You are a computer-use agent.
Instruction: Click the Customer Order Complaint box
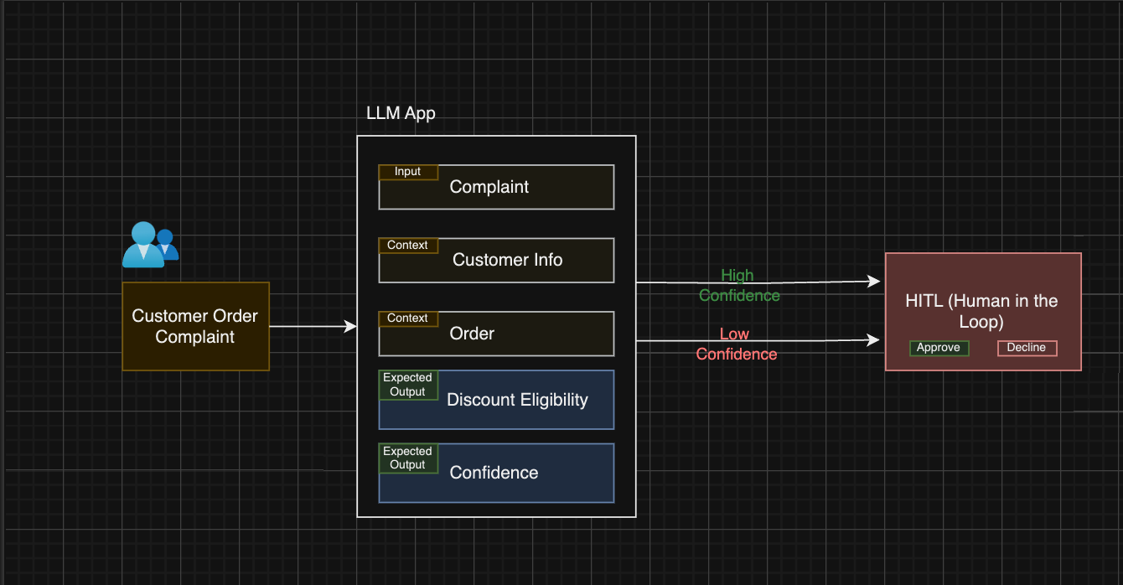coord(195,327)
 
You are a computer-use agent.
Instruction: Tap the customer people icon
coord(150,245)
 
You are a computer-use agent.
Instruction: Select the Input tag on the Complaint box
coord(408,172)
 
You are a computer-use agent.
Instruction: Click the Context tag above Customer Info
coord(408,246)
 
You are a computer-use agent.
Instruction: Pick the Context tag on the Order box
coord(408,318)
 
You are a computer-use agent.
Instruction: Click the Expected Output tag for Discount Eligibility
coord(408,385)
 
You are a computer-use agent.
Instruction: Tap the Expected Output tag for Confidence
coord(408,458)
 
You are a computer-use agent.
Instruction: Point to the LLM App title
coord(401,113)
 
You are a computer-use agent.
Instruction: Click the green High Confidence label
coord(738,285)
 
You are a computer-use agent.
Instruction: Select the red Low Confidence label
coord(736,344)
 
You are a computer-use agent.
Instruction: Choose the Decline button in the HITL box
coord(1027,348)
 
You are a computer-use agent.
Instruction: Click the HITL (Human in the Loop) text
coord(981,311)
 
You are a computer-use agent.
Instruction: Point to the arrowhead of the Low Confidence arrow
coord(873,340)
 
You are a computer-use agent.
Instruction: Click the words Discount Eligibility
coord(517,400)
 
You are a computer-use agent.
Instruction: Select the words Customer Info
coord(507,260)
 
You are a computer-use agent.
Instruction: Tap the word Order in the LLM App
coord(472,334)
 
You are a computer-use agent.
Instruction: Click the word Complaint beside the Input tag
coord(489,187)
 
